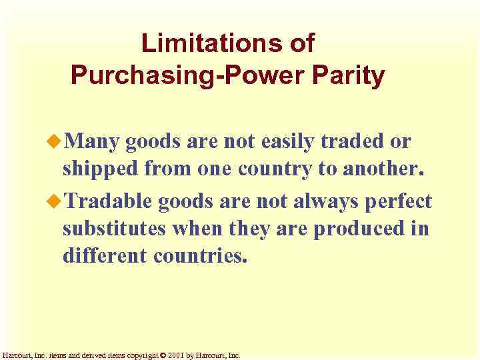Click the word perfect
399,201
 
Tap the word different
105,256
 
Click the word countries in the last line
201,256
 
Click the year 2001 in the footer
175,355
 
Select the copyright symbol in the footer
163,355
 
